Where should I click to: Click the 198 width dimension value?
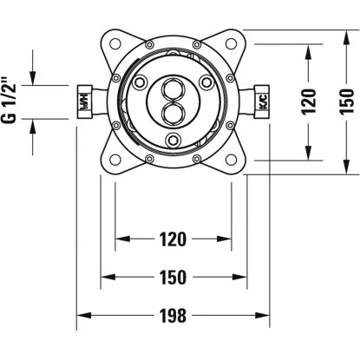point(173,315)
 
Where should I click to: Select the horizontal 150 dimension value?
point(173,277)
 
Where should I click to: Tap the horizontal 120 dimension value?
point(173,239)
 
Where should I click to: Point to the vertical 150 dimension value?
point(347,101)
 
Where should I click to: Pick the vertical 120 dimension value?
point(309,101)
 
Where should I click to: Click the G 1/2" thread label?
point(10,100)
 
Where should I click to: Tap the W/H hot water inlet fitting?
point(85,101)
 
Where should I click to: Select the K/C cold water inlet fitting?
point(262,101)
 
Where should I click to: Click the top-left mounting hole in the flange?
point(115,44)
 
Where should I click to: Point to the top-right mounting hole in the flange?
point(231,44)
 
